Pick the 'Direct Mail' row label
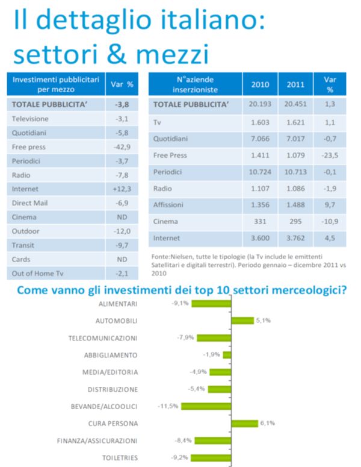pos(30,203)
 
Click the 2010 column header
pos(260,84)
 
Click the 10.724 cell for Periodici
pos(259,172)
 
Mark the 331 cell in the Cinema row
pos(259,222)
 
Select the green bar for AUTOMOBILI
pos(242,321)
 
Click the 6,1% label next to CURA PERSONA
pos(268,424)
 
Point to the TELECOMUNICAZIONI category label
pos(103,338)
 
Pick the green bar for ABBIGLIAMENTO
pos(227,355)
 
